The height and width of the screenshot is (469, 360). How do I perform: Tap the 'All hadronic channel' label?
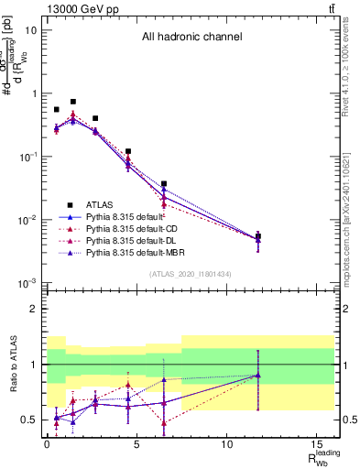[191, 38]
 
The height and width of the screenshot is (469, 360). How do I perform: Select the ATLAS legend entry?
[103, 204]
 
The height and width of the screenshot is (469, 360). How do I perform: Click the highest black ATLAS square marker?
[73, 102]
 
